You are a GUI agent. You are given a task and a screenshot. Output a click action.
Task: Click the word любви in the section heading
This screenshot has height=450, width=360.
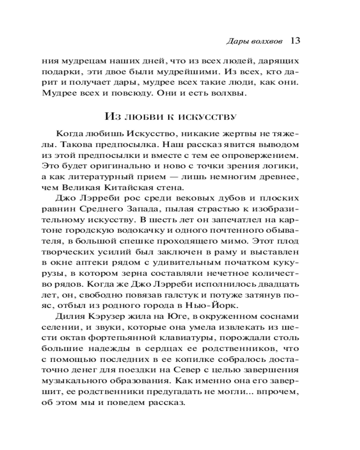(148, 117)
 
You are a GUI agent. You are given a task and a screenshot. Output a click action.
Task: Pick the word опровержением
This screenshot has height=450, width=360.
(265, 156)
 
